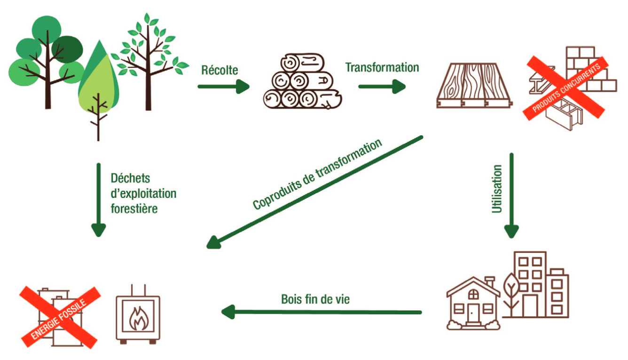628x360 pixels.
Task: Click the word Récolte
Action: pyautogui.click(x=220, y=70)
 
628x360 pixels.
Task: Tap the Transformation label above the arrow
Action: pyautogui.click(x=382, y=67)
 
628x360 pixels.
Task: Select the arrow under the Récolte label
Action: pyautogui.click(x=223, y=86)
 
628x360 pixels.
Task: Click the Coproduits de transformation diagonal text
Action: pyautogui.click(x=317, y=175)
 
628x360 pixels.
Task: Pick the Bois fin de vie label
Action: pyautogui.click(x=315, y=299)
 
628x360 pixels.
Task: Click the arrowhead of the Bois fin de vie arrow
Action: pyautogui.click(x=228, y=312)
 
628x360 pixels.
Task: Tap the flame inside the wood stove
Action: pyautogui.click(x=138, y=319)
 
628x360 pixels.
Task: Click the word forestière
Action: pyautogui.click(x=134, y=208)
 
